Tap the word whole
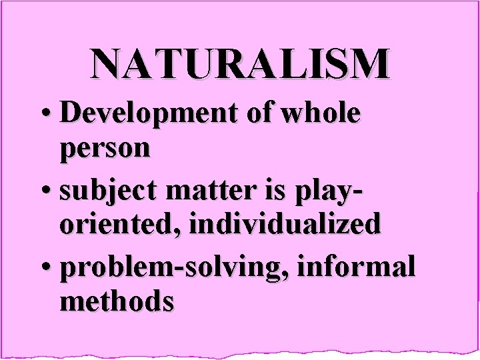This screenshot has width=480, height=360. click(x=321, y=113)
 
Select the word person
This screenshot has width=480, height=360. click(x=105, y=149)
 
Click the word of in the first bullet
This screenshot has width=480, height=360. click(x=261, y=113)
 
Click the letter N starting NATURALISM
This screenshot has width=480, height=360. click(x=107, y=63)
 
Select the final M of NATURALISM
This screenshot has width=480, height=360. click(x=370, y=63)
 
